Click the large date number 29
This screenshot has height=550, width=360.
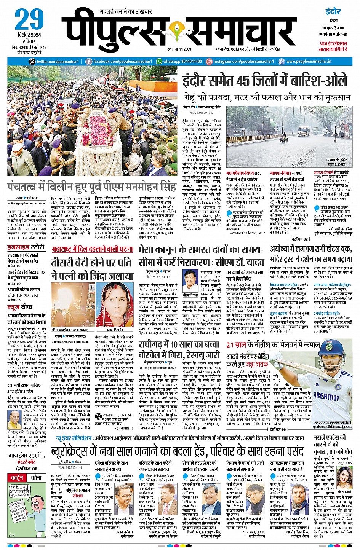(29, 20)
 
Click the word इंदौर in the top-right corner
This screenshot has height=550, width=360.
(333, 11)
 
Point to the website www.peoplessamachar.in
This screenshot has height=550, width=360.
(309, 61)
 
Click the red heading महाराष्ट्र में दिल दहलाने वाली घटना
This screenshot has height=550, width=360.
(92, 249)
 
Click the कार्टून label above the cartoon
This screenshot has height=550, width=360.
(18, 477)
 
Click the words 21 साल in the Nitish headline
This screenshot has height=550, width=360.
(236, 345)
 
